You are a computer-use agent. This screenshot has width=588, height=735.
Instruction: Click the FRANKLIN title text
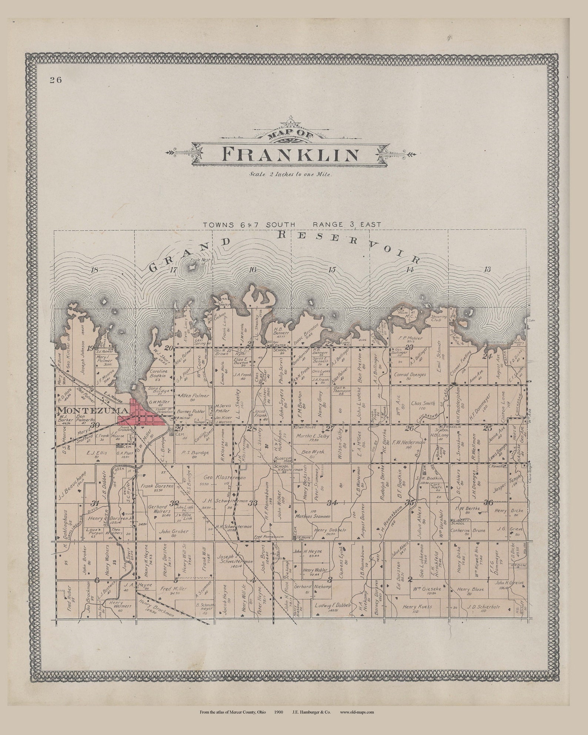[291, 154]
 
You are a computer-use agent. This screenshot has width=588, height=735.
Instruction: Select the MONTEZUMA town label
[93, 410]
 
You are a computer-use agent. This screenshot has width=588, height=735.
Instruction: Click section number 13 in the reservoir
[487, 269]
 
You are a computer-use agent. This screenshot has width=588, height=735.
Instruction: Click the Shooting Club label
[438, 319]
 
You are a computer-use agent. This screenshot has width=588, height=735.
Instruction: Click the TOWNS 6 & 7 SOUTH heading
[248, 225]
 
